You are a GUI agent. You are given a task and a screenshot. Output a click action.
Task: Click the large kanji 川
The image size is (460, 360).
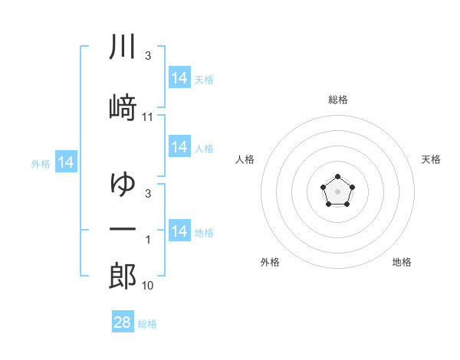coord(123,46)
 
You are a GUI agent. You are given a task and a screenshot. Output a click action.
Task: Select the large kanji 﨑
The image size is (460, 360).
coord(123,107)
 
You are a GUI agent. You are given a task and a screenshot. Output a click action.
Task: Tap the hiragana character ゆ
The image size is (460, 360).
coord(123,184)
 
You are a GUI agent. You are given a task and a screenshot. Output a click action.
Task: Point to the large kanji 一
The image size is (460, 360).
coord(123,229)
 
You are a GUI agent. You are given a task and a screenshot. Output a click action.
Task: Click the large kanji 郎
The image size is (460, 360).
coord(123,276)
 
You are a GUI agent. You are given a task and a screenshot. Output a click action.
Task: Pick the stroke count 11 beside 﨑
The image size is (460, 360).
coord(147,117)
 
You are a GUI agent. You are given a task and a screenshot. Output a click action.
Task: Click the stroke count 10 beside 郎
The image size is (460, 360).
coord(147,286)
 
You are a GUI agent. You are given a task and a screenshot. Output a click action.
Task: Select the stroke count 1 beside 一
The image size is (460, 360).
coord(148,240)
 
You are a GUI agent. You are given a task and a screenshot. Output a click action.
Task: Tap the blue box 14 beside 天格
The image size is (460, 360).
coord(179,77)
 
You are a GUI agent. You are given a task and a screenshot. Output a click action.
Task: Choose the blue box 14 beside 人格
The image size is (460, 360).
coord(179,146)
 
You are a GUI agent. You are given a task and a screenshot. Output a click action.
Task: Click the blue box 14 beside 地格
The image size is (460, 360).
coord(179,230)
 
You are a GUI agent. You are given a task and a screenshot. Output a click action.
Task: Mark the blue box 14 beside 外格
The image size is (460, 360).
coord(66,162)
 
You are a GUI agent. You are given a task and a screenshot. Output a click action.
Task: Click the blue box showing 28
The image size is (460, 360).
coord(123,321)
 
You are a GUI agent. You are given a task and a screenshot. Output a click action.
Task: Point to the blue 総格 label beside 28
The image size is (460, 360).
coord(147,324)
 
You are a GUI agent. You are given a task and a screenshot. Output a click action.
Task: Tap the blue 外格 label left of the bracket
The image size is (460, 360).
coord(41,164)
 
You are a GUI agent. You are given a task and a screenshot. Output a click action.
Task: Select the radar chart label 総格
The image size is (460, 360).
coord(338,100)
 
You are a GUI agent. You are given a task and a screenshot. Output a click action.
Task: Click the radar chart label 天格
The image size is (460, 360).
coord(431,159)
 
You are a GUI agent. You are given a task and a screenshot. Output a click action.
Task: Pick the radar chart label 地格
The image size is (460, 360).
coord(402,262)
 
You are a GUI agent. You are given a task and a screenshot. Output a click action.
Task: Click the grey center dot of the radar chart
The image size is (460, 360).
coord(337,191)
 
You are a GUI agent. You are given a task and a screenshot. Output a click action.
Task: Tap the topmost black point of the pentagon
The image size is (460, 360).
coord(337,176)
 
